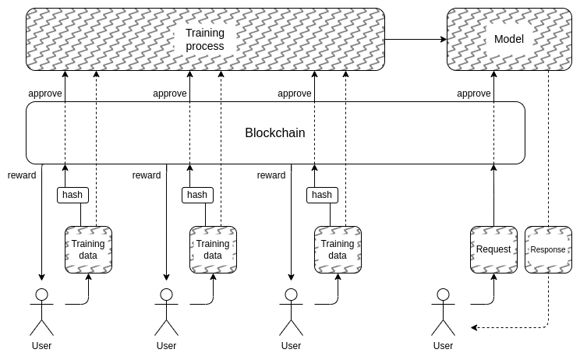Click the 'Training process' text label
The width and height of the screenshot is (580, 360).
(x=205, y=40)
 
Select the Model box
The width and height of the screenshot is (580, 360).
(x=509, y=40)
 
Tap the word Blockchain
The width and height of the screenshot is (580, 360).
(x=275, y=133)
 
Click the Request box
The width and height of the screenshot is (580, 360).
(x=493, y=249)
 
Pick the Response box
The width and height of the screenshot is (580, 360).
(x=548, y=249)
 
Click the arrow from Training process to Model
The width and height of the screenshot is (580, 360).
(x=416, y=39)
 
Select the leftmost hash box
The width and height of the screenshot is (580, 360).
(x=72, y=195)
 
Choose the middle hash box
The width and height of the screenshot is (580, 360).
(x=197, y=195)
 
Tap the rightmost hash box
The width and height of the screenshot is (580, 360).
(x=322, y=195)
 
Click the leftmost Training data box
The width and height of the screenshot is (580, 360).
(x=88, y=249)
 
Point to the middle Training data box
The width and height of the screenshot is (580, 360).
(x=213, y=249)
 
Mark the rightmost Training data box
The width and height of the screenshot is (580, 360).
(x=338, y=249)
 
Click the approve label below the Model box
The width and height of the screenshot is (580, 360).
(x=473, y=94)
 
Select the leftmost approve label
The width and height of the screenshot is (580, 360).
(x=45, y=94)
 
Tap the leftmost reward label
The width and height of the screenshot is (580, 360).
(x=22, y=175)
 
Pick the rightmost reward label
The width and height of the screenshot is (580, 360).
(x=271, y=175)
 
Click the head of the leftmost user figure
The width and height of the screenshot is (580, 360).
(x=41, y=295)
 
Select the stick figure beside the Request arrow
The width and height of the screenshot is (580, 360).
(x=443, y=312)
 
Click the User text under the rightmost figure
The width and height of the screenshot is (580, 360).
(x=443, y=346)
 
